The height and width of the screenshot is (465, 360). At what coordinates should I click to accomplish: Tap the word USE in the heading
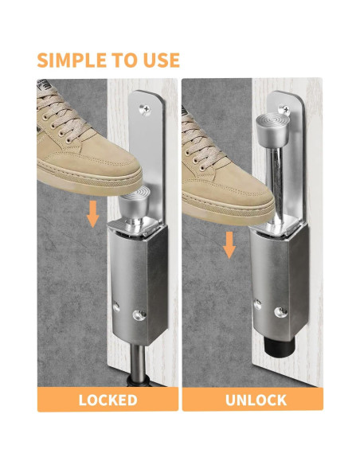pyautogui.click(x=162, y=60)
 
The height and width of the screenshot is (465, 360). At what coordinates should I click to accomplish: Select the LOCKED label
pyautogui.click(x=107, y=399)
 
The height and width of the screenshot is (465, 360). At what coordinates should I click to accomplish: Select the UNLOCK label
pyautogui.click(x=252, y=399)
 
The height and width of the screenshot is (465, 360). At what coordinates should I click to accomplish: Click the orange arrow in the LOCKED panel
pyautogui.click(x=93, y=213)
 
